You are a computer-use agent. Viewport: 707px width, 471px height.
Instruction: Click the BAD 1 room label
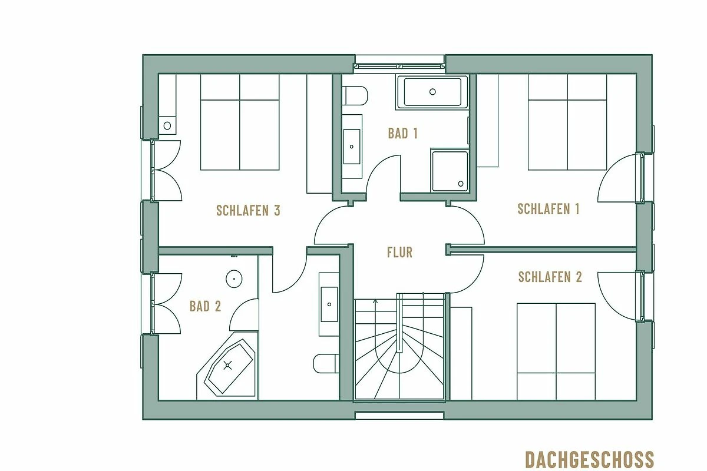click(403, 134)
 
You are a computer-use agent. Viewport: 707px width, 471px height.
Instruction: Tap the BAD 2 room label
click(205, 306)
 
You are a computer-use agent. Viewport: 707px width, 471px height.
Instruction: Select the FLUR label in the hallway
click(399, 253)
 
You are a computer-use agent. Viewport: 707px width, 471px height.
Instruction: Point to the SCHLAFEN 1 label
click(549, 209)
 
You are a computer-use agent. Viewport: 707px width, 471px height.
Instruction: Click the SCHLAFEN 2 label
click(550, 277)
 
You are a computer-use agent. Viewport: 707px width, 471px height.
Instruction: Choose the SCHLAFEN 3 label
click(249, 210)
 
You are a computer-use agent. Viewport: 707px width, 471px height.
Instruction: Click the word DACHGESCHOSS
click(590, 460)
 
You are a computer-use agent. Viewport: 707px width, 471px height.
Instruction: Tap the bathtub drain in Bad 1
click(432, 92)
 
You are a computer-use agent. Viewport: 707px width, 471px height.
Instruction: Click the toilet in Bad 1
click(355, 95)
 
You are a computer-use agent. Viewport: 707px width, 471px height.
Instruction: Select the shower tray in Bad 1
click(450, 171)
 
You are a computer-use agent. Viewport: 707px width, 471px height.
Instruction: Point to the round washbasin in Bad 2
click(234, 279)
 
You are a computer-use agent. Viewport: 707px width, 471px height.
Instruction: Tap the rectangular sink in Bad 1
click(352, 147)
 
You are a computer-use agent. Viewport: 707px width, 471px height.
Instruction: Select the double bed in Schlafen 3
click(240, 122)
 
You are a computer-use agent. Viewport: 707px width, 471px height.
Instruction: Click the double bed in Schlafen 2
click(556, 351)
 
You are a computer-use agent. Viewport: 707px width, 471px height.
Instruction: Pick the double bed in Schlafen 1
click(567, 122)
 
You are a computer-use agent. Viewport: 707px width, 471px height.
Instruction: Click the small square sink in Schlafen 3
click(167, 125)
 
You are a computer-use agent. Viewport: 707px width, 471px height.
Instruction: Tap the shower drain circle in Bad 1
click(461, 184)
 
